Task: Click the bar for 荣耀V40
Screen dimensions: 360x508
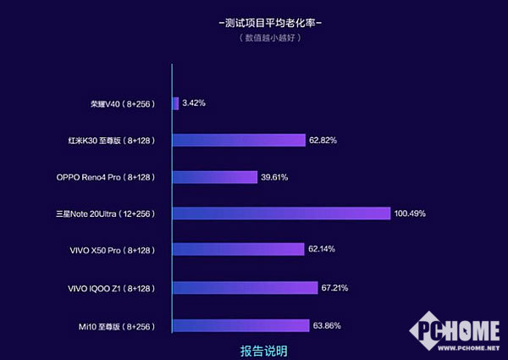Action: [x=175, y=103]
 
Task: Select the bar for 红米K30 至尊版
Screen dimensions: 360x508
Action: [x=239, y=141]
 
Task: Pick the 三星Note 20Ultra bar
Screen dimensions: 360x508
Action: [x=281, y=213]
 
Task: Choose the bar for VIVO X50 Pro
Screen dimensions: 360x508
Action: [x=238, y=249]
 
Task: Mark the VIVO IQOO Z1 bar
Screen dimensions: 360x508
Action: [x=245, y=288]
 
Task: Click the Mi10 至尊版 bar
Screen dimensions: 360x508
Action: [x=240, y=325]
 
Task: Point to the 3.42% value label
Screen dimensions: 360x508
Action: [x=194, y=103]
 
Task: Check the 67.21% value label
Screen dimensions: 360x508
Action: [x=334, y=288]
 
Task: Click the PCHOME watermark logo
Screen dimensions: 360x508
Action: [x=458, y=331]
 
